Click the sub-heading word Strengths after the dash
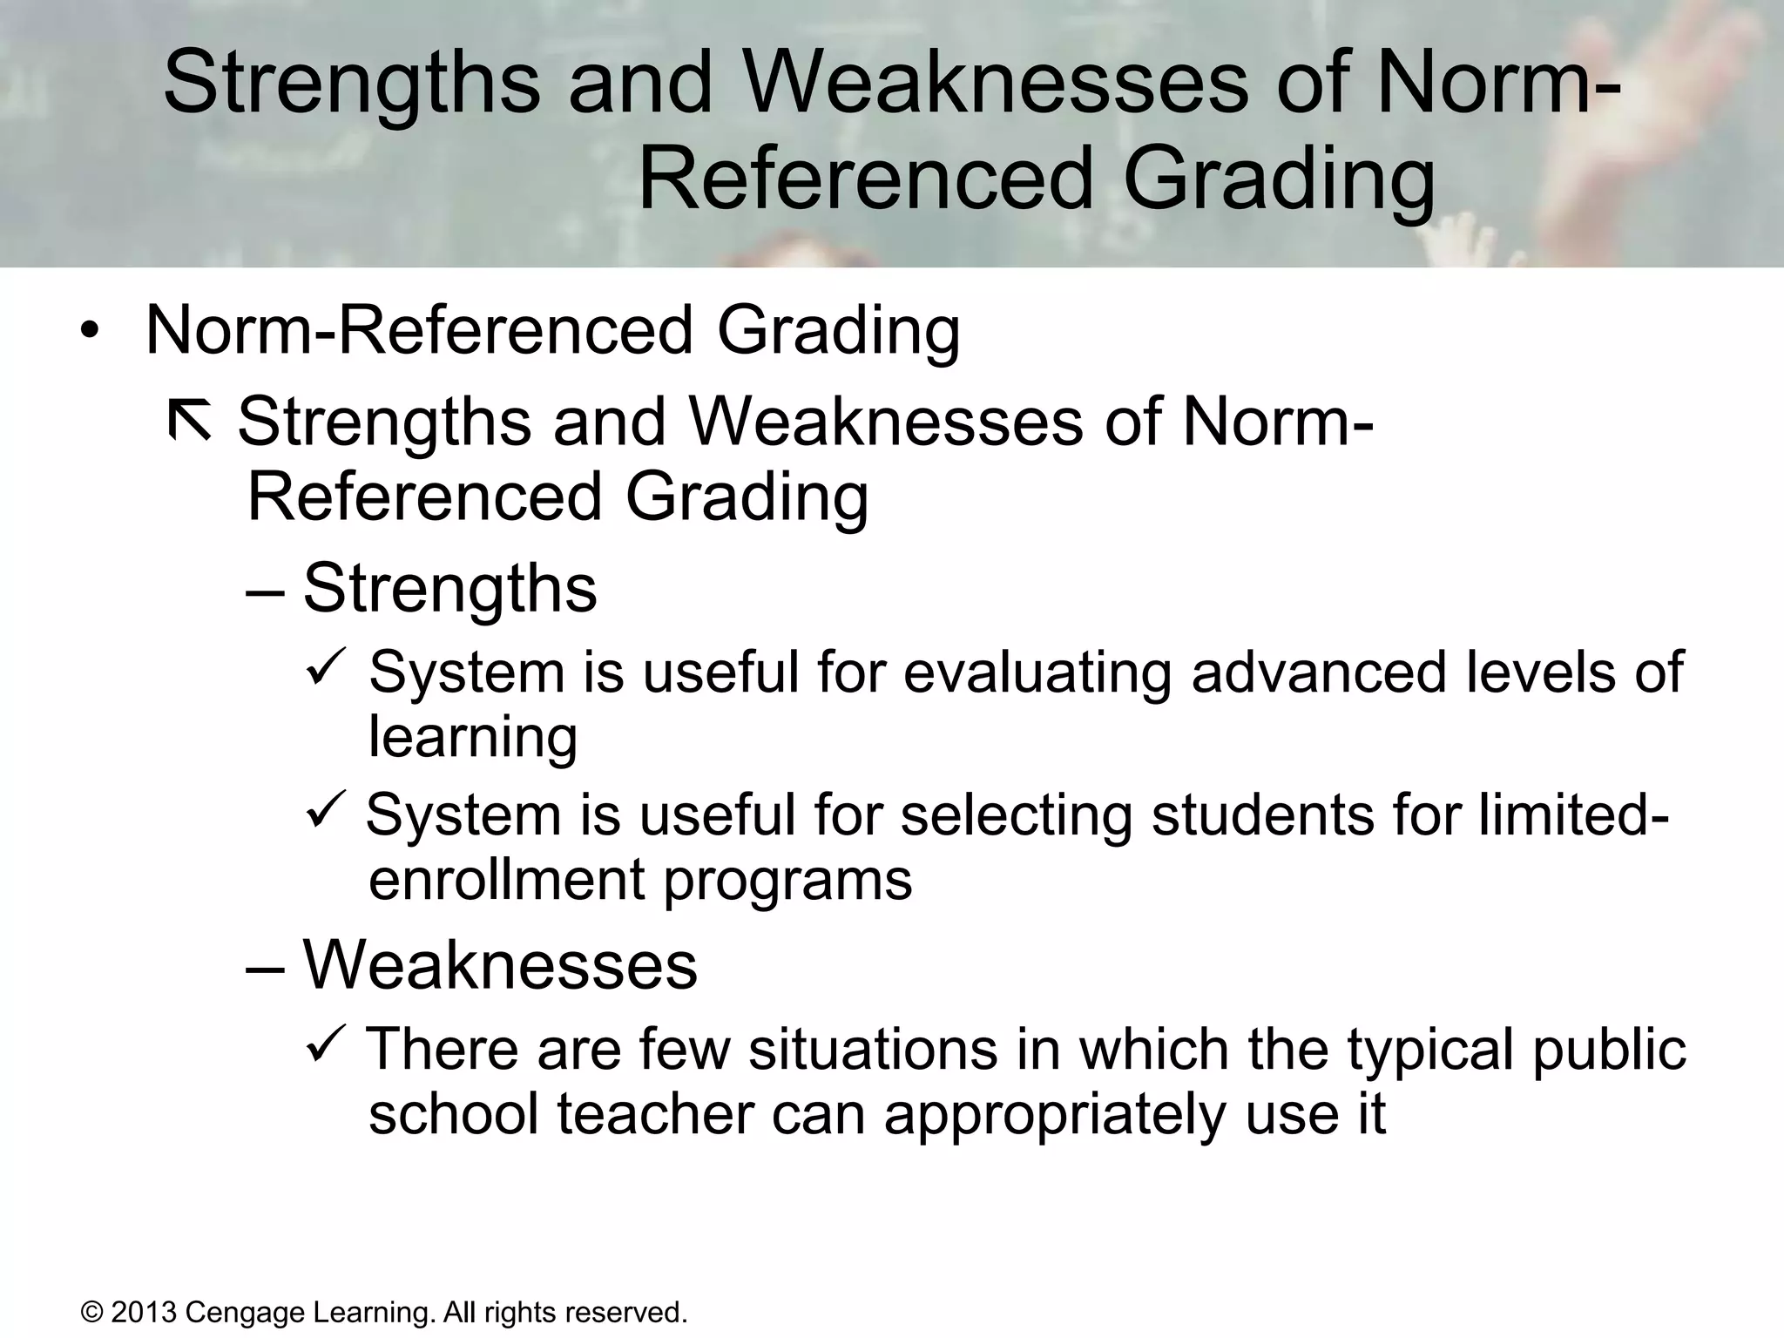click(x=449, y=589)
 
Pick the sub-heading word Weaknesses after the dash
click(x=499, y=965)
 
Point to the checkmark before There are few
click(x=328, y=1044)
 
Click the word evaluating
click(x=1037, y=672)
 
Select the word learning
click(x=473, y=737)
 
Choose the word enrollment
click(x=507, y=880)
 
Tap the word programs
click(x=787, y=882)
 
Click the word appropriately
click(x=1055, y=1115)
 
